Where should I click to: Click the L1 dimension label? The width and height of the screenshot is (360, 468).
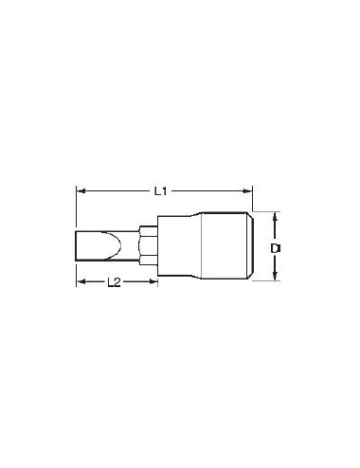pos(161,190)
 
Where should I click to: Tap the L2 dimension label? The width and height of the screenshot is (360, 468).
pos(112,281)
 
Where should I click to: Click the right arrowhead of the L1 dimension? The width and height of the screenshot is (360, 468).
pos(248,190)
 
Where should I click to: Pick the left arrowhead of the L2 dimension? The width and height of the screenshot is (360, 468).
pos(81,281)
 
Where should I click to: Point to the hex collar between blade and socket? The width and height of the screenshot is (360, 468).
pos(149,247)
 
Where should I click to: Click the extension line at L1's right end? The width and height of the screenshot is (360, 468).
pos(253,201)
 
